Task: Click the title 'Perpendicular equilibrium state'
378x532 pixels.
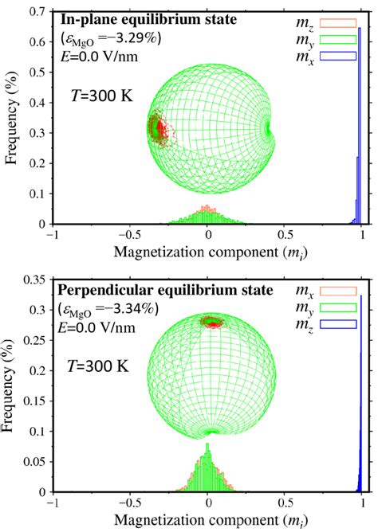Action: tap(147, 288)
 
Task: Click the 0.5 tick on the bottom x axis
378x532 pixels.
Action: tap(285, 504)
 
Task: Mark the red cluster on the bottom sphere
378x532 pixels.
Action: tap(211, 322)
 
